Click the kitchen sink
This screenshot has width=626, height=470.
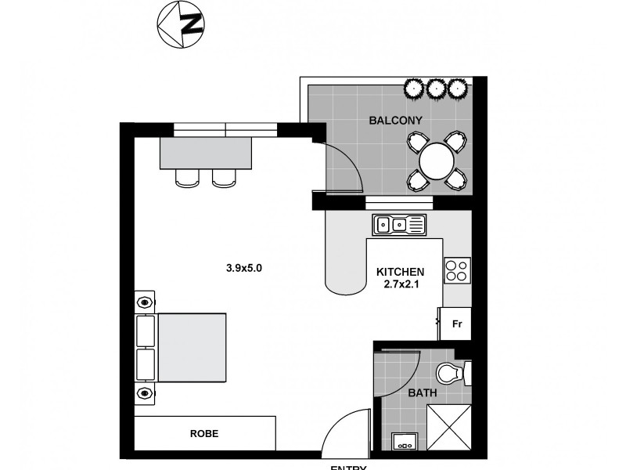click(x=399, y=225)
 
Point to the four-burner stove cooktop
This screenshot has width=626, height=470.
click(x=456, y=271)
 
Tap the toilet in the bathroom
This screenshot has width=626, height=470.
click(x=451, y=374)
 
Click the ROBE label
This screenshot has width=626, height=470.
click(x=203, y=433)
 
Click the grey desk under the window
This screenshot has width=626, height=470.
click(x=207, y=154)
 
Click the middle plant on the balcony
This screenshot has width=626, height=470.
click(x=435, y=88)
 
